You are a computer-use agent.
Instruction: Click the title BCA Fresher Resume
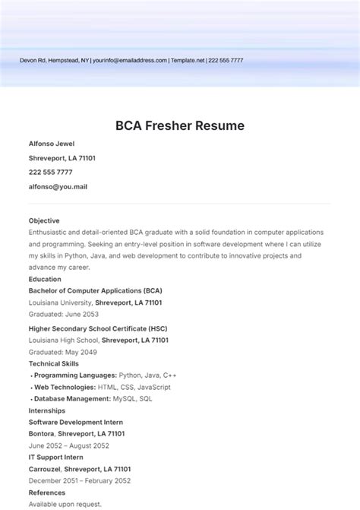coord(180,125)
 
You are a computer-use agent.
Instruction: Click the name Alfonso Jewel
coord(52,144)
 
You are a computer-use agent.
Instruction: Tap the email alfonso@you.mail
coord(58,186)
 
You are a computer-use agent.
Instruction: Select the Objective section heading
coord(44,220)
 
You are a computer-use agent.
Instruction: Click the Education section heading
coord(45,279)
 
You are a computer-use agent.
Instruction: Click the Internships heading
coord(47,410)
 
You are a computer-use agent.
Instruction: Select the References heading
coord(47,493)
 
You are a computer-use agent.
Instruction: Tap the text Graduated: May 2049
coord(64,352)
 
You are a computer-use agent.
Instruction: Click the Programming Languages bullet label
coord(75,375)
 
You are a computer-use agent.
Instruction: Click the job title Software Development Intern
coord(76,422)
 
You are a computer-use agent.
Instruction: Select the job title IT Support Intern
coord(55,458)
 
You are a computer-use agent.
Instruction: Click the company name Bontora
coord(42,433)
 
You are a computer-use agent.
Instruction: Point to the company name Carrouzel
coord(45,469)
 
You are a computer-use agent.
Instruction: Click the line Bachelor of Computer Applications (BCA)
coord(95,290)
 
